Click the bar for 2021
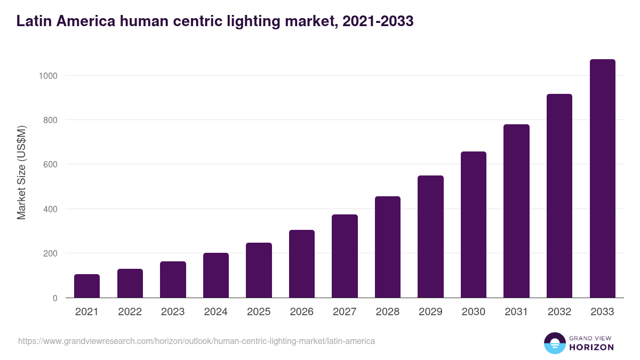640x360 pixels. click(x=87, y=286)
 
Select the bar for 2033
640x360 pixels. click(x=602, y=179)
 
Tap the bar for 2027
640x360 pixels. click(x=345, y=256)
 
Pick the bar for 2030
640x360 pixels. click(x=474, y=225)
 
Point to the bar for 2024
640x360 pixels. click(x=215, y=275)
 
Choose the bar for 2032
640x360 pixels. click(x=559, y=196)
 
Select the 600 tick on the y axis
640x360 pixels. click(x=50, y=165)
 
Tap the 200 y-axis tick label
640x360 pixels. click(x=50, y=253)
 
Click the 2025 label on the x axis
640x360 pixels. click(x=259, y=312)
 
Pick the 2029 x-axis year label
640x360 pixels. click(x=430, y=312)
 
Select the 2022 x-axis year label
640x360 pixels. click(x=130, y=312)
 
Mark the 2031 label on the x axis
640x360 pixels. click(x=516, y=312)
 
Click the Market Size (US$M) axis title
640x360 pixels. click(x=21, y=172)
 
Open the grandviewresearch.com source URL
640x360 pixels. click(x=196, y=341)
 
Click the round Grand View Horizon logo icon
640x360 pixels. click(x=554, y=343)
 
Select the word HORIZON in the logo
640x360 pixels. click(x=591, y=347)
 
